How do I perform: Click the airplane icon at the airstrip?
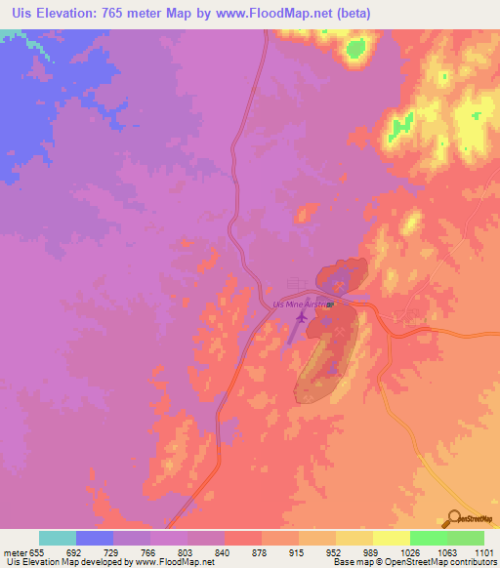301,316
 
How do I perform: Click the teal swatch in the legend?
58,538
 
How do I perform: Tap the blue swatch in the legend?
95,538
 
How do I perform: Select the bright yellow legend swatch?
392,538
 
